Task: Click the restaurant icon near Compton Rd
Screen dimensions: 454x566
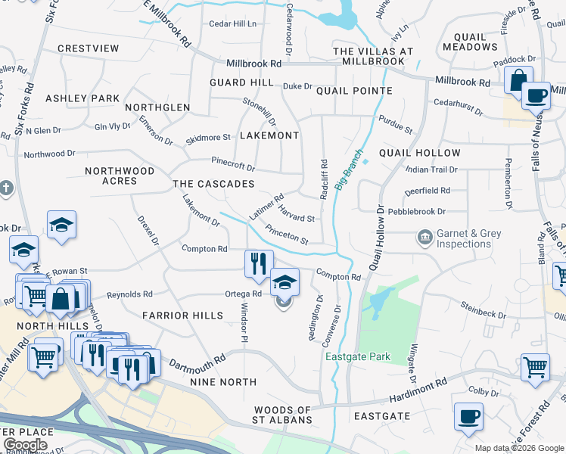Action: click(258, 263)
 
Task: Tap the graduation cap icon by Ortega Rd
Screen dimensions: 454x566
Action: click(285, 282)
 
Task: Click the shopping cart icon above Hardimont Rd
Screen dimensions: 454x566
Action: click(535, 366)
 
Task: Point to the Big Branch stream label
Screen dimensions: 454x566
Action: click(345, 173)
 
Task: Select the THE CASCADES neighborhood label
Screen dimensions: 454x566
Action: click(213, 185)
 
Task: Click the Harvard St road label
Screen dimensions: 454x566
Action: click(296, 213)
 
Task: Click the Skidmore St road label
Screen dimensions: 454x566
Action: click(208, 138)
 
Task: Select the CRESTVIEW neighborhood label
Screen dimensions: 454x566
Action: click(89, 48)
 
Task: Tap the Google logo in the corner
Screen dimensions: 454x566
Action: click(24, 445)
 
